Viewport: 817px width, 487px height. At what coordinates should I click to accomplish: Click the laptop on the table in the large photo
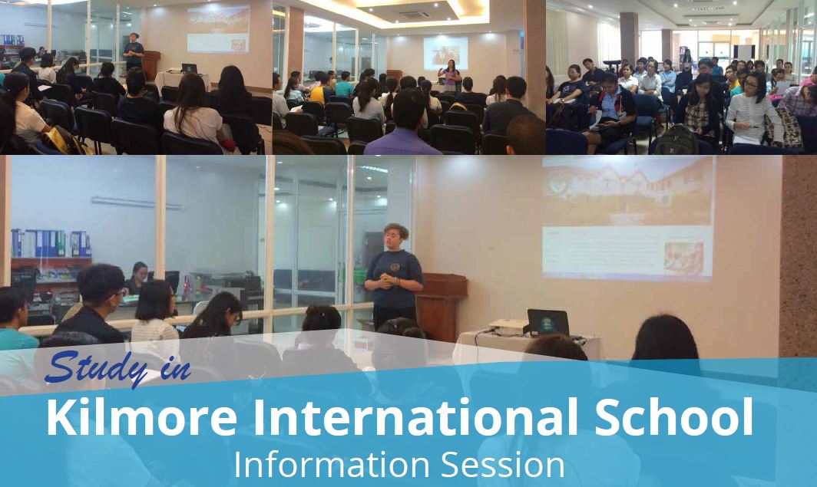(548, 323)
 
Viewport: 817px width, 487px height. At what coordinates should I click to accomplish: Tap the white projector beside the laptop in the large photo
(508, 327)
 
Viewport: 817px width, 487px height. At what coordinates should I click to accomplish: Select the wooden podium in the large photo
(441, 306)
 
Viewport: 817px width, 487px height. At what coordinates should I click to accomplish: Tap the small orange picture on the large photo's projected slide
(683, 258)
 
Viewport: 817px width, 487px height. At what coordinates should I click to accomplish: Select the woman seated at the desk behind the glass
(137, 278)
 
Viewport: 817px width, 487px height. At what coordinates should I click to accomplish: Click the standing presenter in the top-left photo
(134, 51)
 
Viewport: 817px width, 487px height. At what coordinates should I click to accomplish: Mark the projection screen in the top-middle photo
(445, 53)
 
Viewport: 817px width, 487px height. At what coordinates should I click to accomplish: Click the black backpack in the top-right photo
(676, 140)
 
